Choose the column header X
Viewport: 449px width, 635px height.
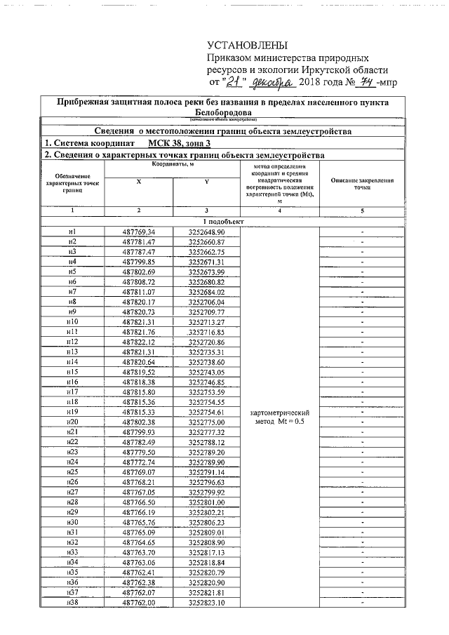(x=138, y=182)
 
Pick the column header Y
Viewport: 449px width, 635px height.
(x=206, y=182)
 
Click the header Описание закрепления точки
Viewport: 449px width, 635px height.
(x=362, y=185)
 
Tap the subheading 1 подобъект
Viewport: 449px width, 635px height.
(x=224, y=221)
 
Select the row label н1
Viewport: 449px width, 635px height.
(x=72, y=232)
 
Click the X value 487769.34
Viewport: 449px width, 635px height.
(x=138, y=232)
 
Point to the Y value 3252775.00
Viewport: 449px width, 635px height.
(x=206, y=422)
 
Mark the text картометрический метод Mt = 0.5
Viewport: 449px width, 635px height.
(x=280, y=417)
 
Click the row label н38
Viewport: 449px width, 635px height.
(x=72, y=603)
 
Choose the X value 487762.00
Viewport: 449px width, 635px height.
(x=138, y=603)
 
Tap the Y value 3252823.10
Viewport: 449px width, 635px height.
(x=206, y=603)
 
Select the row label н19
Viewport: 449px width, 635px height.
(x=72, y=412)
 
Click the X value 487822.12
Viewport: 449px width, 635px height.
(x=138, y=342)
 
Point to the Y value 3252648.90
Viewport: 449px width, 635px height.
(x=206, y=232)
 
